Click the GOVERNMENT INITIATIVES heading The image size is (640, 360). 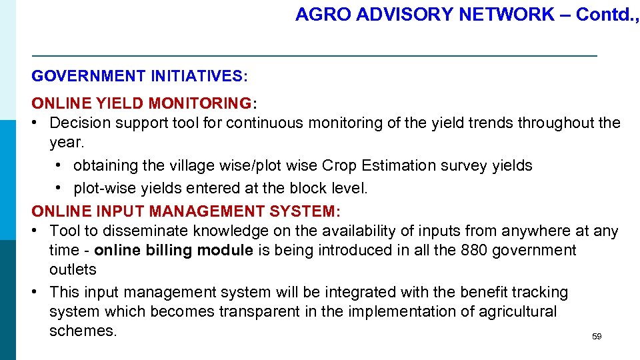click(139, 76)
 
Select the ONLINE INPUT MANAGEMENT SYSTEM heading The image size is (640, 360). click(186, 211)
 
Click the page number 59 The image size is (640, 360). click(597, 337)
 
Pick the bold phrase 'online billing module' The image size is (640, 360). click(173, 250)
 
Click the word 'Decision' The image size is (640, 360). click(80, 123)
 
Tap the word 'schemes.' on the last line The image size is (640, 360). click(83, 331)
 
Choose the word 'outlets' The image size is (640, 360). click(73, 269)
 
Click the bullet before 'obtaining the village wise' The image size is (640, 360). click(60, 165)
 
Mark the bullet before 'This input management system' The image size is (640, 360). click(36, 292)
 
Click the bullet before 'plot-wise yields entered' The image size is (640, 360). click(60, 189)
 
